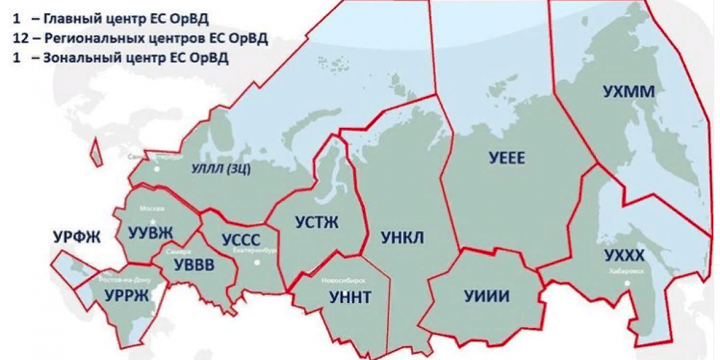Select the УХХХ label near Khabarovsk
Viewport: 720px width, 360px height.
(623, 257)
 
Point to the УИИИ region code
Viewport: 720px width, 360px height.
(487, 296)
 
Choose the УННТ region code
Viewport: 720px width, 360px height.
(350, 296)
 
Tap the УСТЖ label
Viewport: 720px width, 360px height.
(316, 223)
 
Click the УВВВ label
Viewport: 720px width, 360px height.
(193, 266)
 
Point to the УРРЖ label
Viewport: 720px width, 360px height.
(126, 296)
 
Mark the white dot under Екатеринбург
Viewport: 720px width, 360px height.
(257, 262)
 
